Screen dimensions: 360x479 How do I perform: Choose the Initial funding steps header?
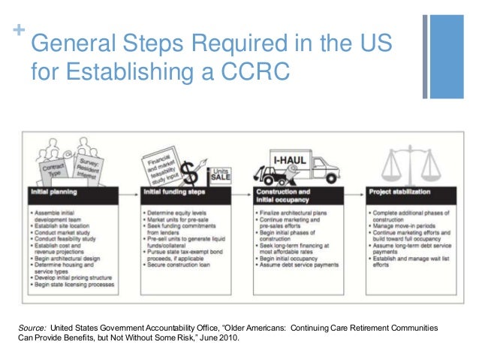click(x=170, y=192)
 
